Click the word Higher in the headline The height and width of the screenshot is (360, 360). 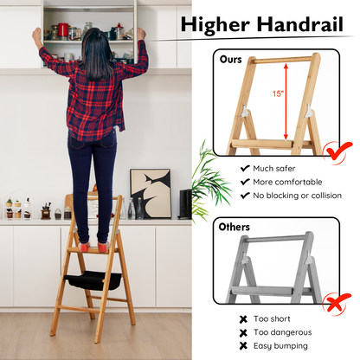pos(215,24)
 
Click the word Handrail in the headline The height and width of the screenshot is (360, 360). pos(300,24)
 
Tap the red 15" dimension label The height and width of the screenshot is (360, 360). pos(279,93)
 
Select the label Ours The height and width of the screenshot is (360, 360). pos(230,60)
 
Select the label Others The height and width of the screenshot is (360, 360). pos(235,227)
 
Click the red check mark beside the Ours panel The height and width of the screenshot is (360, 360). pos(337,151)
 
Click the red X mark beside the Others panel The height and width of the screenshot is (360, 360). pos(337,303)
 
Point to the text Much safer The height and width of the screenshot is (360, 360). pos(274,169)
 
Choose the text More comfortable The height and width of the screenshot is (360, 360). pos(287,182)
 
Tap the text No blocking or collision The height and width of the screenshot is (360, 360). pos(298,196)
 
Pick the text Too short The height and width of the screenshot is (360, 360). pos(272,319)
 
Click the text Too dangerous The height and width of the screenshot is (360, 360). pos(283,332)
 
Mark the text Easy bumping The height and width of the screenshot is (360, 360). pos(280,346)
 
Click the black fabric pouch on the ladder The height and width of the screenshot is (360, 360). pos(93,280)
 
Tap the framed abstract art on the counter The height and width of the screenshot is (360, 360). pos(151,193)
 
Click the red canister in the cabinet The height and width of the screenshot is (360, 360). pos(63,31)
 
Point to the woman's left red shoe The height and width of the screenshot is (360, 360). pos(84,247)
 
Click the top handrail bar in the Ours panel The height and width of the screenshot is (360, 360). pos(282,60)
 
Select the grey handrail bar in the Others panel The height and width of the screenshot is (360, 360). pos(274,239)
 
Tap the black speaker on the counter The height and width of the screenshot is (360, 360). pos(185,204)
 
